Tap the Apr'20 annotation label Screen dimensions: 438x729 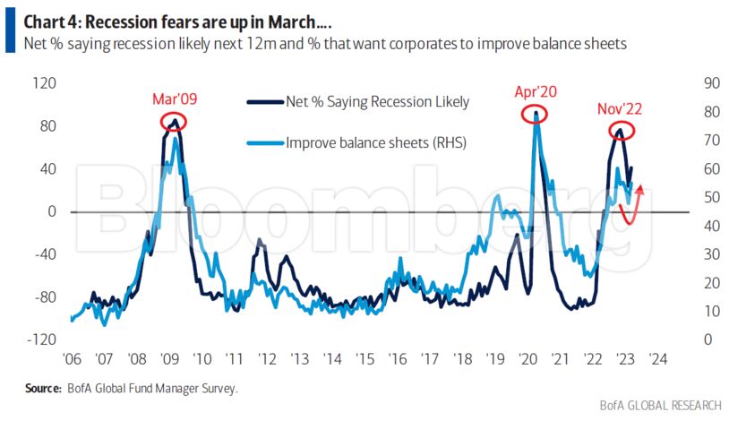(x=536, y=91)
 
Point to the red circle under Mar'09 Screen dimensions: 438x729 (x=174, y=121)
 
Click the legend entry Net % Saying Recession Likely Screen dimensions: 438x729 (x=376, y=102)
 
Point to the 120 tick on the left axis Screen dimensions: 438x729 (x=44, y=83)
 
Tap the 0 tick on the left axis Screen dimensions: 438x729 (x=52, y=211)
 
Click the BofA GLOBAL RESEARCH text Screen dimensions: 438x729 (x=660, y=406)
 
